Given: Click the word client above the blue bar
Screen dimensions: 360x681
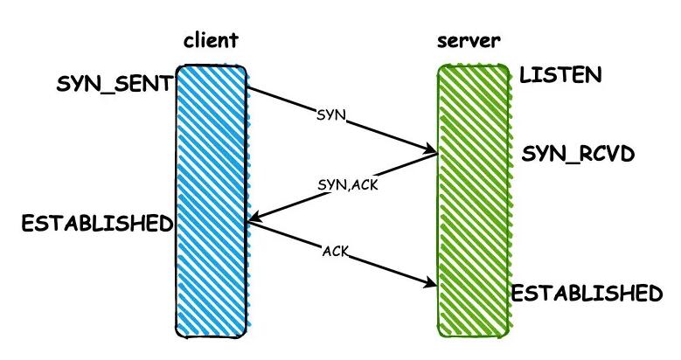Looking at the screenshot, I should tap(211, 41).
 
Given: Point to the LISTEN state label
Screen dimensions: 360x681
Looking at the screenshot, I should tap(560, 75).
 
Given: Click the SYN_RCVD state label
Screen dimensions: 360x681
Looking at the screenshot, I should tap(578, 154).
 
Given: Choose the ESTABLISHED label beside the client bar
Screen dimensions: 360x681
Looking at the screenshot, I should tap(97, 223).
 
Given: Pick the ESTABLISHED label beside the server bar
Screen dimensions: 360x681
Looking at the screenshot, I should tap(587, 293).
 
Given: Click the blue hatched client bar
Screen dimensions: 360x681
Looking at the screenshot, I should tap(212, 201).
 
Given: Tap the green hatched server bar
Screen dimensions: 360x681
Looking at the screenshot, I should tap(473, 201).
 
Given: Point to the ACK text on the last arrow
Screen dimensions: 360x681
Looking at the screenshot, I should tap(336, 251).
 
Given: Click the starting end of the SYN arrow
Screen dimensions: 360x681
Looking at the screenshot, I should tap(250, 87).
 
